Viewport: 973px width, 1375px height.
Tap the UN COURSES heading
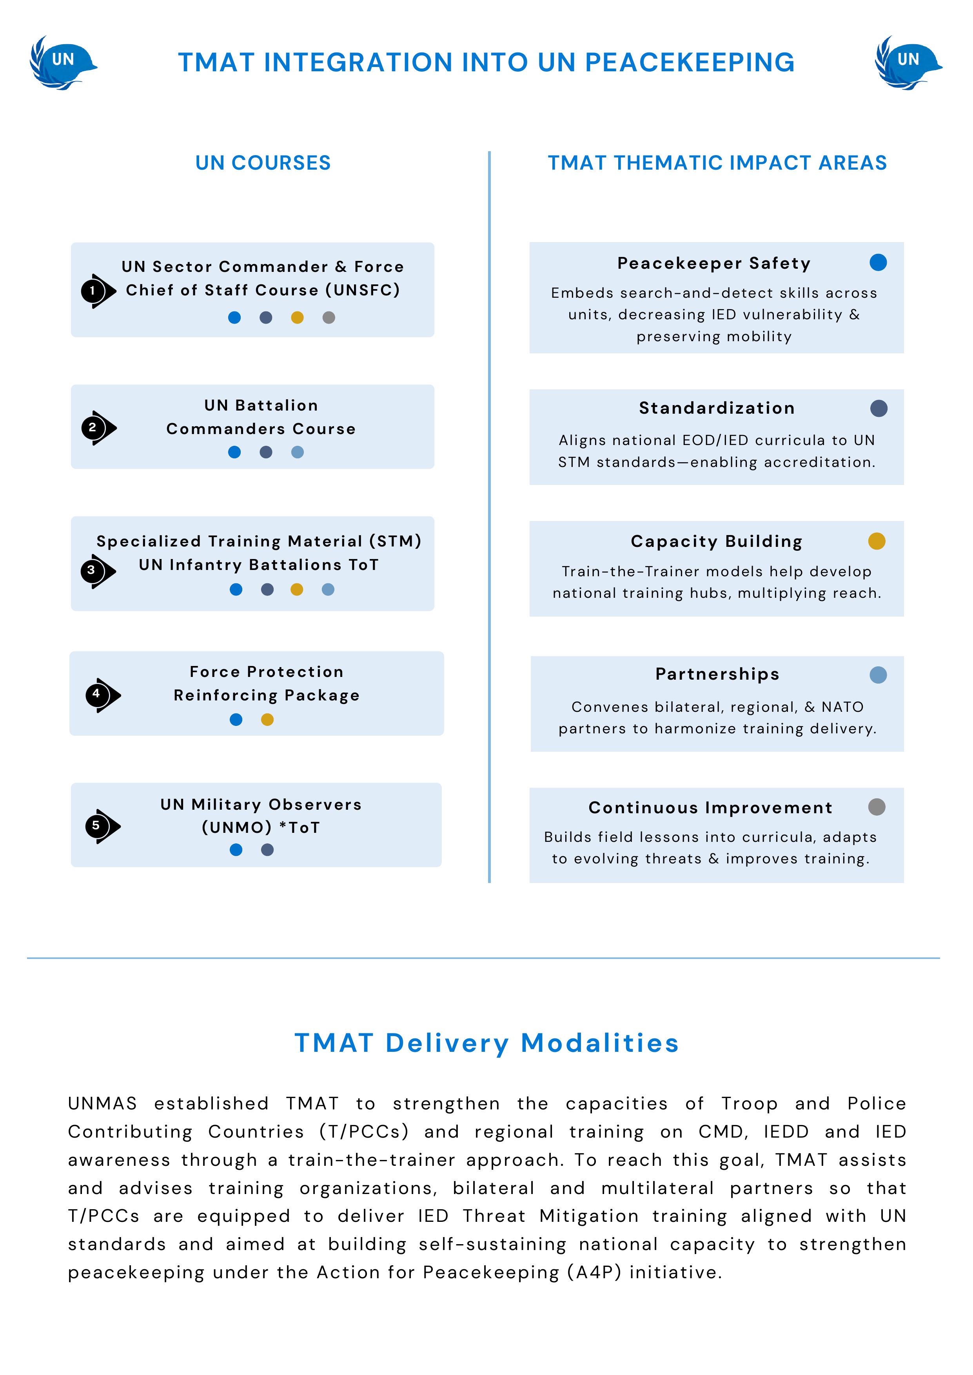(x=263, y=163)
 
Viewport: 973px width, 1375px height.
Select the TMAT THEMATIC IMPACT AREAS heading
(x=717, y=163)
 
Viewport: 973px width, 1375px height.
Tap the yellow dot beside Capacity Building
(x=877, y=541)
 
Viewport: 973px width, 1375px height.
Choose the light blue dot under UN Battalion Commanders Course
(x=297, y=452)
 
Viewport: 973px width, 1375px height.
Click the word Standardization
(x=717, y=409)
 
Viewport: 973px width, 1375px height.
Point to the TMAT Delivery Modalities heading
(x=486, y=1043)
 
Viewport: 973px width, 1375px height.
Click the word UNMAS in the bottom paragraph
(x=102, y=1104)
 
